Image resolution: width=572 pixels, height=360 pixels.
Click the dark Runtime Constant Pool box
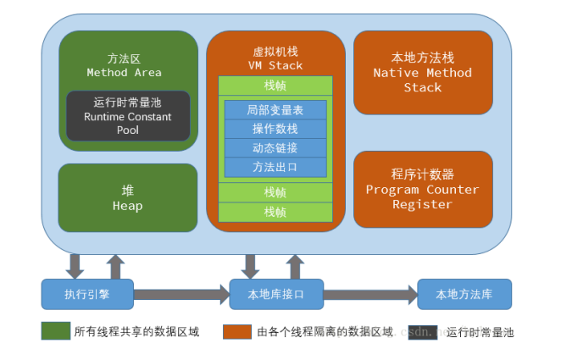pyautogui.click(x=128, y=116)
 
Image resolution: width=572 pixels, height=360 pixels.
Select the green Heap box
pyautogui.click(x=128, y=197)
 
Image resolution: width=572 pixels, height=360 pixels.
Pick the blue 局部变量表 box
pyautogui.click(x=275, y=109)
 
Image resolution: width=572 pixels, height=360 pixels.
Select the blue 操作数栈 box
pyautogui.click(x=275, y=129)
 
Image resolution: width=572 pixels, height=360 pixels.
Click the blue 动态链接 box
pyautogui.click(x=275, y=147)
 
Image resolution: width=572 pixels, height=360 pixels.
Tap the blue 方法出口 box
pyautogui.click(x=275, y=167)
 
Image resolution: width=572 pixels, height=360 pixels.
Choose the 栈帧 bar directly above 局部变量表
pyautogui.click(x=275, y=86)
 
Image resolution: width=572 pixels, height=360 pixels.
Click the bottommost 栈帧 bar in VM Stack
pyautogui.click(x=275, y=212)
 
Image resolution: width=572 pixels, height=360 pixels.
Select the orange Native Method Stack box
pyautogui.click(x=422, y=73)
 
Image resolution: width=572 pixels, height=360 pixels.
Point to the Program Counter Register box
pyautogui.click(x=422, y=190)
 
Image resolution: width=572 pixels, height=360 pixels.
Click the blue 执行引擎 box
pyautogui.click(x=87, y=294)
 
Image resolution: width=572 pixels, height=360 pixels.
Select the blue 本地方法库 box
pyautogui.click(x=464, y=294)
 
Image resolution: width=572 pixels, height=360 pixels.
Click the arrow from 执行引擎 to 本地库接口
pyautogui.click(x=181, y=295)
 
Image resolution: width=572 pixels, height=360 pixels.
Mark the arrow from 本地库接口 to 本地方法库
pyautogui.click(x=369, y=295)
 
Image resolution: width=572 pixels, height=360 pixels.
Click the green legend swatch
pyautogui.click(x=55, y=331)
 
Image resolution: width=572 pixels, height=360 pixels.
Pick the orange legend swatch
pyautogui.click(x=236, y=331)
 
